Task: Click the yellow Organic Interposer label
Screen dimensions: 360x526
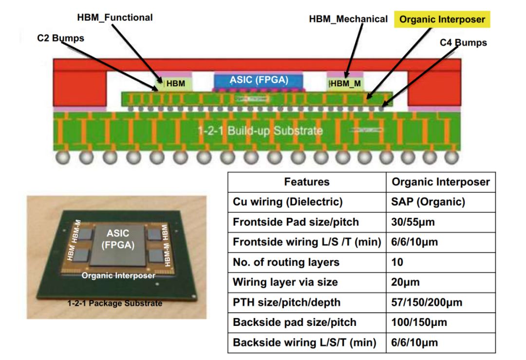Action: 442,20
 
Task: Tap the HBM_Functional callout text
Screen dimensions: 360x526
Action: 115,18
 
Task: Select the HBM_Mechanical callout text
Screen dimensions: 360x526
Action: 348,19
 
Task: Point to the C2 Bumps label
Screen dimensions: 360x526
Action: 60,38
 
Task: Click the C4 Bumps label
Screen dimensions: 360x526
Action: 463,43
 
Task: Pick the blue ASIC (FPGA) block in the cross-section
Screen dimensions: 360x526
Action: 259,80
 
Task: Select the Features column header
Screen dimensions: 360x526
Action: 307,182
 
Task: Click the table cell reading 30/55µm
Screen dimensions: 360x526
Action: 413,222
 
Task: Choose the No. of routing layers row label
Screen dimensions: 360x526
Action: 286,262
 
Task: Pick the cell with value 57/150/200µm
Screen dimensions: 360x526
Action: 427,303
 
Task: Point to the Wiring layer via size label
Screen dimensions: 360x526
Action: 285,283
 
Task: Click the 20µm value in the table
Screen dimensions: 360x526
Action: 405,283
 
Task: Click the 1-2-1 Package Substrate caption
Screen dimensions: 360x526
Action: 115,303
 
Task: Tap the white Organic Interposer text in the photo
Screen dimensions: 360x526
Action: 118,276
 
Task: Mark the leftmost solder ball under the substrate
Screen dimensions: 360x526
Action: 62,158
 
